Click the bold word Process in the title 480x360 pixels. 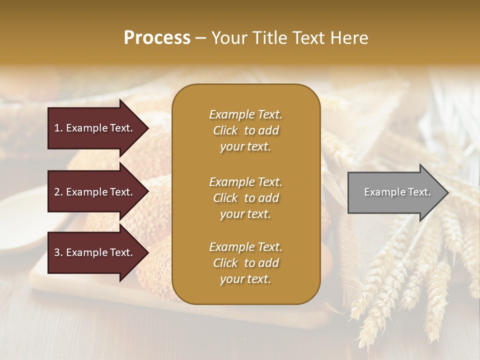157,38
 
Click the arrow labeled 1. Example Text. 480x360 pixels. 95,128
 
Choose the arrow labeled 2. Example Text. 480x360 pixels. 95,192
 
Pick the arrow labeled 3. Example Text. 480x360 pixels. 95,252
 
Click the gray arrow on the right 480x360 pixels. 395,192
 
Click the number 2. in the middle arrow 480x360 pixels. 58,192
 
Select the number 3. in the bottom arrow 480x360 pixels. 58,252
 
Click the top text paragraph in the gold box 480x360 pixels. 245,130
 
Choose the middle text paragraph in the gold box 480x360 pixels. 245,197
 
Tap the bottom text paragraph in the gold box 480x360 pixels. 245,263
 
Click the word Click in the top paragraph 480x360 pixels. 225,130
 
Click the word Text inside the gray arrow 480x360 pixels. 420,192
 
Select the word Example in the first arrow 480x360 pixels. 86,128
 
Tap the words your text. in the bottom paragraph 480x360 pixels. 245,279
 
